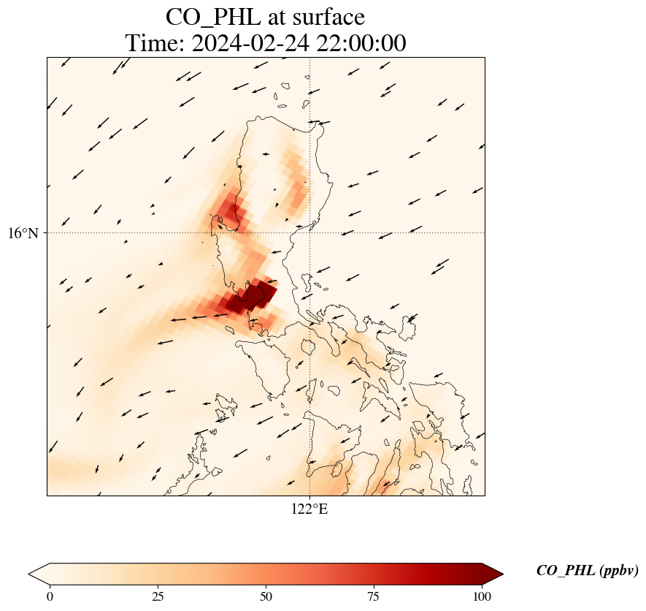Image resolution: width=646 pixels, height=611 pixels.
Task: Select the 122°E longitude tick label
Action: (309, 509)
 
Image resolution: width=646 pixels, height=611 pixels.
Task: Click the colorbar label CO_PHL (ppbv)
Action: (587, 571)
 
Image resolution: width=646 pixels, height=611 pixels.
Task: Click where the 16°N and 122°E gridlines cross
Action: (310, 233)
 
